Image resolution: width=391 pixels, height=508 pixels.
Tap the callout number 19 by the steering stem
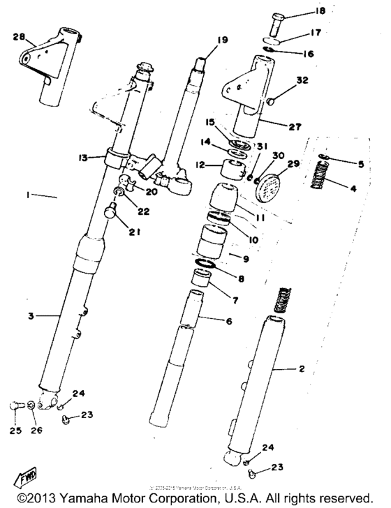(x=221, y=40)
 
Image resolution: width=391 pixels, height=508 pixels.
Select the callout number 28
(x=19, y=35)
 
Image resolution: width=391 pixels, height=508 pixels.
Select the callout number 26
(x=36, y=431)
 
